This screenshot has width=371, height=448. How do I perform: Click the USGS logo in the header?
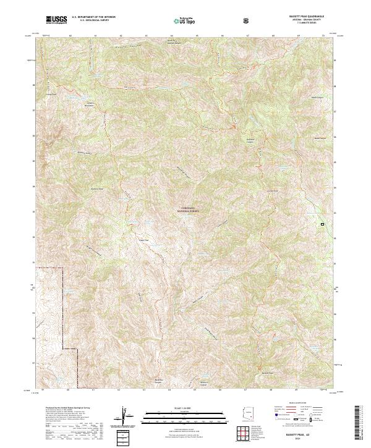(56, 20)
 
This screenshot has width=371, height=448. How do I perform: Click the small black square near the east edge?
(322, 224)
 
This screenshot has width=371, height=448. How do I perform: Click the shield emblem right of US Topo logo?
(247, 20)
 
